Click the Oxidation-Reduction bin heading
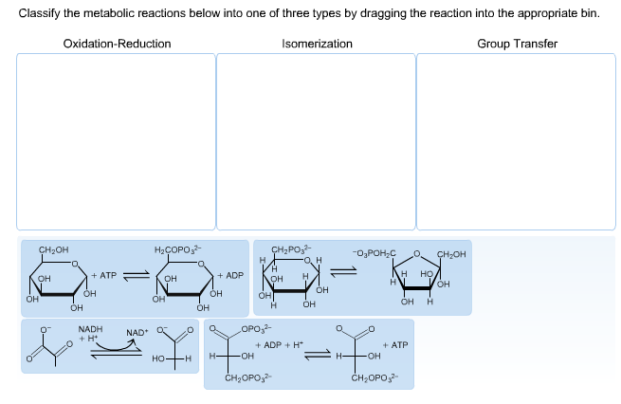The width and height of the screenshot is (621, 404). (117, 44)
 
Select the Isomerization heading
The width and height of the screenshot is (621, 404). (317, 44)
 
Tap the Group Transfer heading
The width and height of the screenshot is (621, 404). (517, 44)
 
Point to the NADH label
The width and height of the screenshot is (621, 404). (90, 328)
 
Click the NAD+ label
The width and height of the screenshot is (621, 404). (137, 333)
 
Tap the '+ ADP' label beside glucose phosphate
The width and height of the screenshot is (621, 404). (230, 275)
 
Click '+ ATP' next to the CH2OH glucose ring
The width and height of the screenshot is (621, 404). (103, 275)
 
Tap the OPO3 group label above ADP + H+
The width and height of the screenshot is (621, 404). (253, 328)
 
